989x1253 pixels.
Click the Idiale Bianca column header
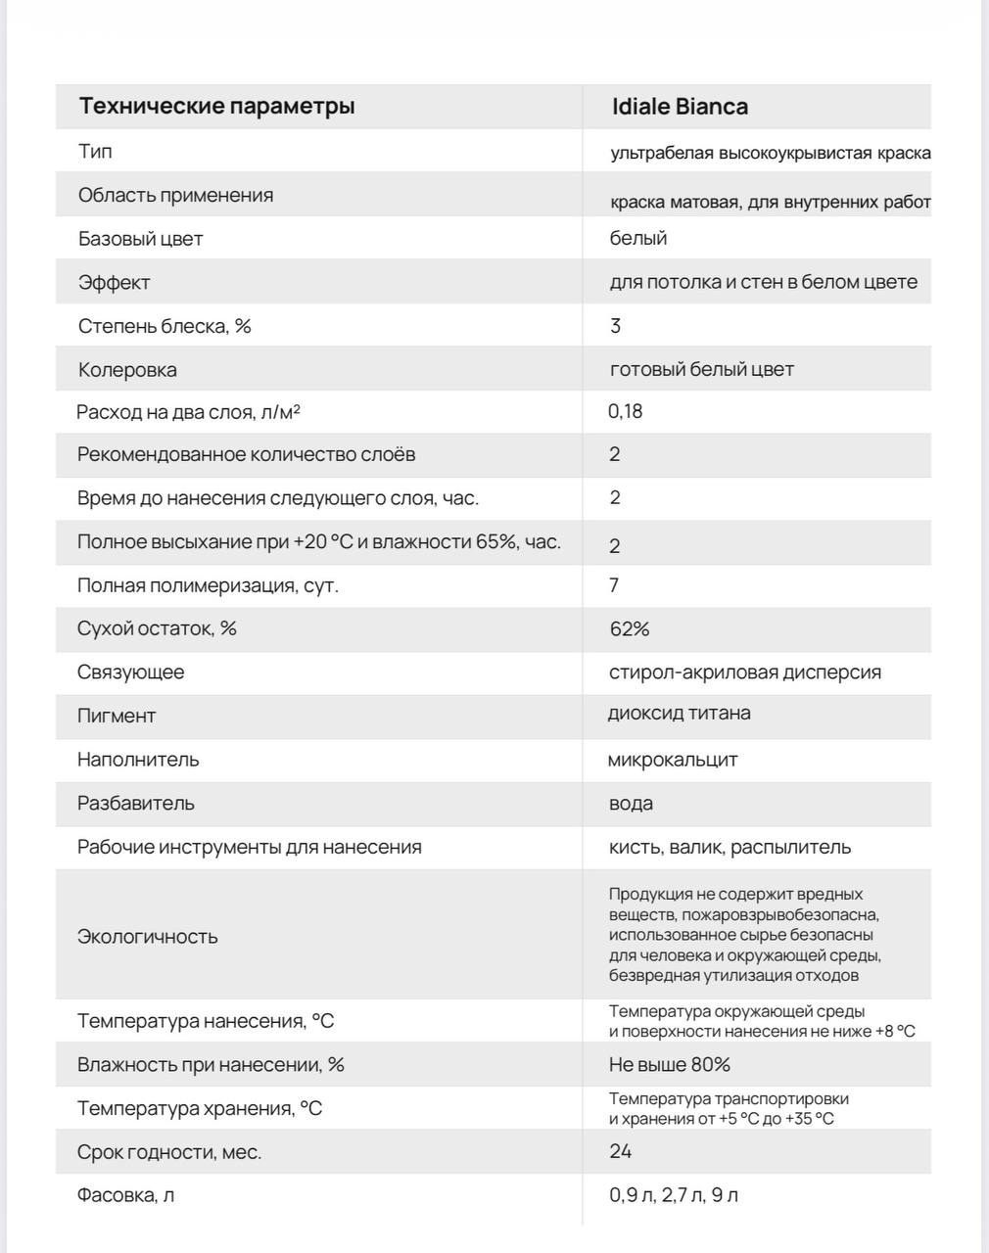(680, 107)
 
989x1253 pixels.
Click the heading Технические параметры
(216, 106)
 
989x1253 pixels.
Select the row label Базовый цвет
(140, 239)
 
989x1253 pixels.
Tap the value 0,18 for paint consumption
(625, 411)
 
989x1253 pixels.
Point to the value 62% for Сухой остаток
(629, 628)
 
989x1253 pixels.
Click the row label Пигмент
(117, 716)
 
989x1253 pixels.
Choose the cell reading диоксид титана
(679, 713)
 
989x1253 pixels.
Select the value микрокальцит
(672, 760)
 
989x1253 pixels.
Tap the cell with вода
(631, 804)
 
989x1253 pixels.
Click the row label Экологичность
(147, 937)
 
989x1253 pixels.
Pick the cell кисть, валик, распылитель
(730, 847)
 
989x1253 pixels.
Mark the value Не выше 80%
(669, 1065)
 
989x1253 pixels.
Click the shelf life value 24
(620, 1151)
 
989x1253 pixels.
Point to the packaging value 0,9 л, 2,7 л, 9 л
(674, 1195)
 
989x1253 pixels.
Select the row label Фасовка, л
(125, 1195)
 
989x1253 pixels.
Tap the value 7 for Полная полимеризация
(614, 585)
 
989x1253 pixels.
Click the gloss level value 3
(615, 326)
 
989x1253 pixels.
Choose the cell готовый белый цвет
(701, 369)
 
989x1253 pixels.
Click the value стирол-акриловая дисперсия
(744, 673)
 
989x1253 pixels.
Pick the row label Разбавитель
(135, 804)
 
